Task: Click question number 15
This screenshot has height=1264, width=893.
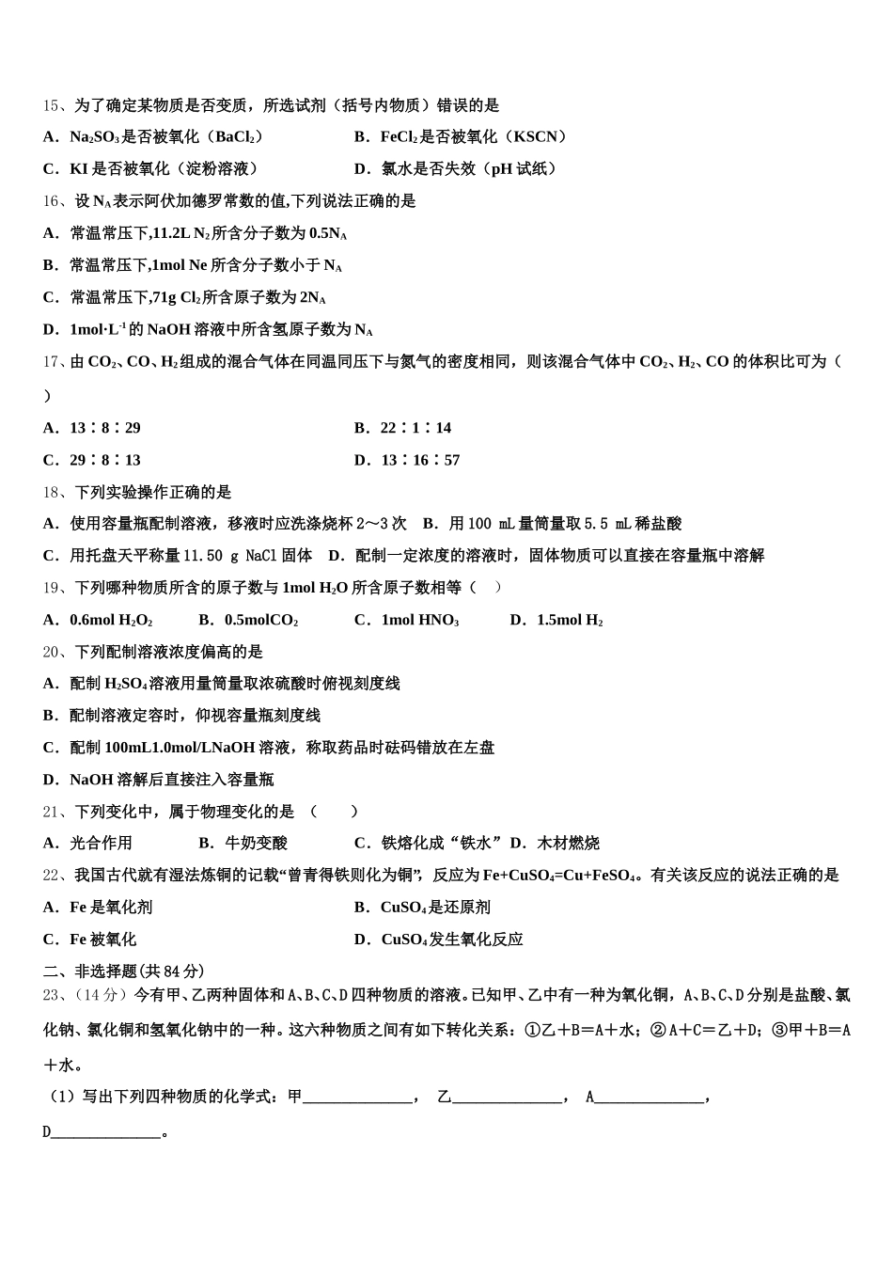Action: click(x=52, y=105)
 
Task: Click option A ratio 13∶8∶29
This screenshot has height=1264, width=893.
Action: click(x=105, y=428)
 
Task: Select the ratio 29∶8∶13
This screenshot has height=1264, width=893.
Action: click(x=105, y=460)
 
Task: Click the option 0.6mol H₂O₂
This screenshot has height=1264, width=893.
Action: click(x=111, y=620)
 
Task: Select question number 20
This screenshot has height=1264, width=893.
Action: click(x=52, y=652)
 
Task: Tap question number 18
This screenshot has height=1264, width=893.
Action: click(x=52, y=492)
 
